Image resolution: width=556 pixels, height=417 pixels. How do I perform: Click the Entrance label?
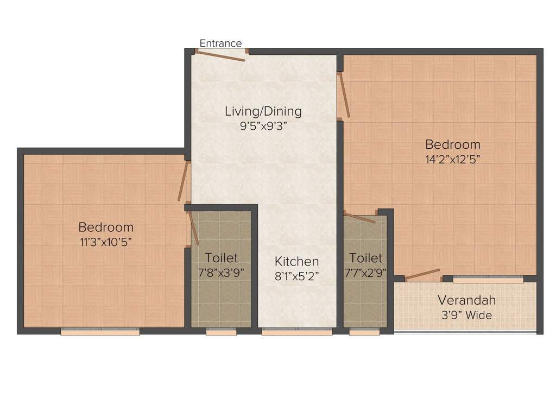click(x=220, y=43)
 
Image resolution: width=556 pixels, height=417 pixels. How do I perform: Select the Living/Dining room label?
click(x=263, y=111)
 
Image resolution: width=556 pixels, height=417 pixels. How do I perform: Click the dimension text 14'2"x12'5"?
click(x=452, y=159)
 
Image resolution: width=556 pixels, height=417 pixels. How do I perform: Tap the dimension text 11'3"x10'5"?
click(x=105, y=241)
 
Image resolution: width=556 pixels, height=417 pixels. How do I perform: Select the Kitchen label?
click(x=296, y=261)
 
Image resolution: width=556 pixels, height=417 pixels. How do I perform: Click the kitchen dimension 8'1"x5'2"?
click(x=296, y=275)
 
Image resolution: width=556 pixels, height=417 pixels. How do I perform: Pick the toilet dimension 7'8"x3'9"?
click(x=221, y=272)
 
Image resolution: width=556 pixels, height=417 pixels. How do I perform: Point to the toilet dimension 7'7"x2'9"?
click(x=365, y=272)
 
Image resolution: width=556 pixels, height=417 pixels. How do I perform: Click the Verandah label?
click(x=466, y=300)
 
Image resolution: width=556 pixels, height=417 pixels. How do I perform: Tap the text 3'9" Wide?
click(x=466, y=315)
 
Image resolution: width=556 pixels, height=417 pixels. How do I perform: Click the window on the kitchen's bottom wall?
click(x=296, y=332)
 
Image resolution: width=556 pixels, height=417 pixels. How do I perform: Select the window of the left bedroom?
click(x=100, y=332)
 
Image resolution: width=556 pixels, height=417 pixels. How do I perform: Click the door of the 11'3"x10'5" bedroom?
click(x=185, y=181)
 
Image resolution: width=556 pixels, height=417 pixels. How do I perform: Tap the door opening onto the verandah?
click(x=422, y=274)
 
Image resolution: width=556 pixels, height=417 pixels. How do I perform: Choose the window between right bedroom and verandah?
click(x=488, y=280)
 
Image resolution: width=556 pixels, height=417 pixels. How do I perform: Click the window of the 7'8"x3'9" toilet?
click(x=221, y=332)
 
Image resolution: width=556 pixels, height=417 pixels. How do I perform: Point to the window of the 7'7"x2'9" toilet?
click(x=364, y=332)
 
